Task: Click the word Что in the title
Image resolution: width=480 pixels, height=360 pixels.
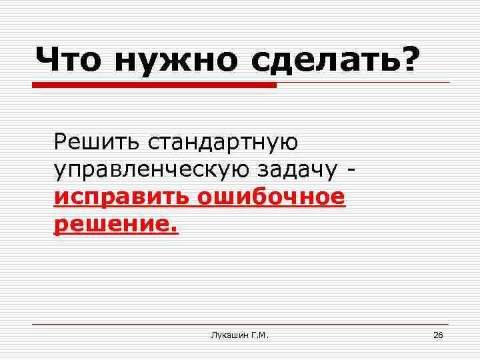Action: point(69,60)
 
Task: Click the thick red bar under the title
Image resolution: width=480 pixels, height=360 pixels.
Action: point(154,85)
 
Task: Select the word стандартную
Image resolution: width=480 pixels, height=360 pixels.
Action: point(223,142)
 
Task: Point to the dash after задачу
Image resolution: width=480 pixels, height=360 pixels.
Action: point(351,171)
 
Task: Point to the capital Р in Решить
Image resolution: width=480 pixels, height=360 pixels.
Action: point(61,141)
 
